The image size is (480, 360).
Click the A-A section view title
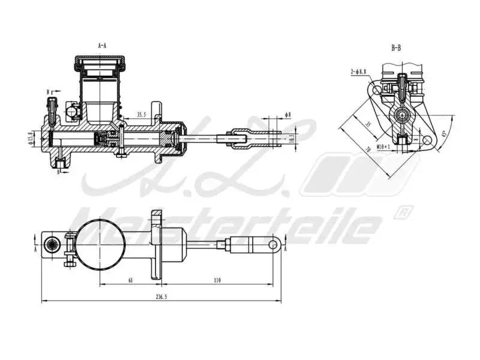[103, 45]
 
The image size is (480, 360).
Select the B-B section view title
[395, 47]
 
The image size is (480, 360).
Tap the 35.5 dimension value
[142, 113]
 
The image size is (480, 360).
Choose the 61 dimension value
[130, 280]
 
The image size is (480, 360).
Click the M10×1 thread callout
[383, 146]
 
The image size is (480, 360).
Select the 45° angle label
[443, 133]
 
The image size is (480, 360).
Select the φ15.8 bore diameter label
[29, 139]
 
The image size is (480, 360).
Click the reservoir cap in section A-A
[100, 61]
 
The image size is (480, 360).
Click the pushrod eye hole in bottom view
[274, 244]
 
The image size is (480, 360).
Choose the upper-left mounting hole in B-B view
[376, 90]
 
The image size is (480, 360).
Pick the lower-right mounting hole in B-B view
[427, 139]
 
